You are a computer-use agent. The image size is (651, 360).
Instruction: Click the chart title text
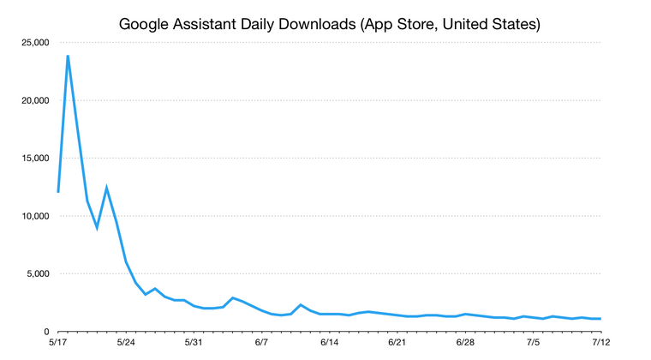point(329,23)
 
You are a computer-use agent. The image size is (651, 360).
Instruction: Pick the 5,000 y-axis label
point(34,274)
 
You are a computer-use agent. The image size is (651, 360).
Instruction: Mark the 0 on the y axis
point(46,332)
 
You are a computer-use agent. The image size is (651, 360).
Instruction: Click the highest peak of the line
point(68,57)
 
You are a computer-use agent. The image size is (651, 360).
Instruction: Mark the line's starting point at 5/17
point(58,191)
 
